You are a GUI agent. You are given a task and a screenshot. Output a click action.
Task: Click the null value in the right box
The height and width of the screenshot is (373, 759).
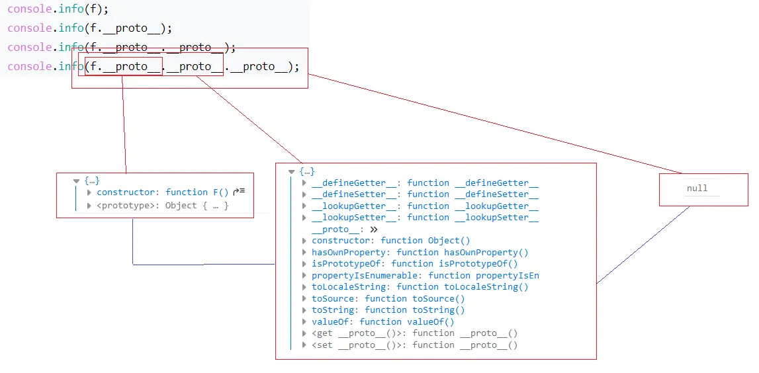[x=697, y=188]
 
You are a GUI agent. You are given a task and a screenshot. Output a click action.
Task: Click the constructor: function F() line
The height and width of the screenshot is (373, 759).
[x=162, y=192]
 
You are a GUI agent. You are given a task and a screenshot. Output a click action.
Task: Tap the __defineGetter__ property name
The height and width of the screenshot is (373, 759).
[x=354, y=183]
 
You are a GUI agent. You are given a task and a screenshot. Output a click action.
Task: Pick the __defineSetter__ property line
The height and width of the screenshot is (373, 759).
[x=424, y=194]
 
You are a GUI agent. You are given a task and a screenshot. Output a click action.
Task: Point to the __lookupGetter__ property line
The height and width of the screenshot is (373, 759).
[x=424, y=206]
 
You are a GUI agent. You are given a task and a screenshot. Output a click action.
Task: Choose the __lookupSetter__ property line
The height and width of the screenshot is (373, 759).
[x=424, y=218]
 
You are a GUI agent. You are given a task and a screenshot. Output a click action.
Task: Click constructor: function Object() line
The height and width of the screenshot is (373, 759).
[x=390, y=241]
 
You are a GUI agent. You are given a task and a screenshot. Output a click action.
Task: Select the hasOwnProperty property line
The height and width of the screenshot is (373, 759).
[x=420, y=253]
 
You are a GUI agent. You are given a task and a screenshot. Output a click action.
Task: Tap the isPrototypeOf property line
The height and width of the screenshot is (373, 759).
[x=414, y=264]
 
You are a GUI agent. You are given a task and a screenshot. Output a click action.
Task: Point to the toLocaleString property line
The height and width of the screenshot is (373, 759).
[x=420, y=287]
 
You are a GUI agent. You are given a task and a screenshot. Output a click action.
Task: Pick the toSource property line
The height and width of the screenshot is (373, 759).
[x=388, y=299]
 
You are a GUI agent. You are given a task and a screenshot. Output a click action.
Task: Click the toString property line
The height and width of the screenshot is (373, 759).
[x=388, y=310]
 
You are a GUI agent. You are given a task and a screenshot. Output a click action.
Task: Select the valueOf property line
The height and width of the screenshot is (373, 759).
[x=382, y=322]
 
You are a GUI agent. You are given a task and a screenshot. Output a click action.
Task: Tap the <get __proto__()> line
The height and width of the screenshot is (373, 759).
[x=414, y=334]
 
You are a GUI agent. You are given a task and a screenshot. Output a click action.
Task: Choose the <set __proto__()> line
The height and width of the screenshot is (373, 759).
[x=414, y=345]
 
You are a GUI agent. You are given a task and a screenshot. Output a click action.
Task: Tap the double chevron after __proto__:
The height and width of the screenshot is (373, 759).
[x=374, y=229]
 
